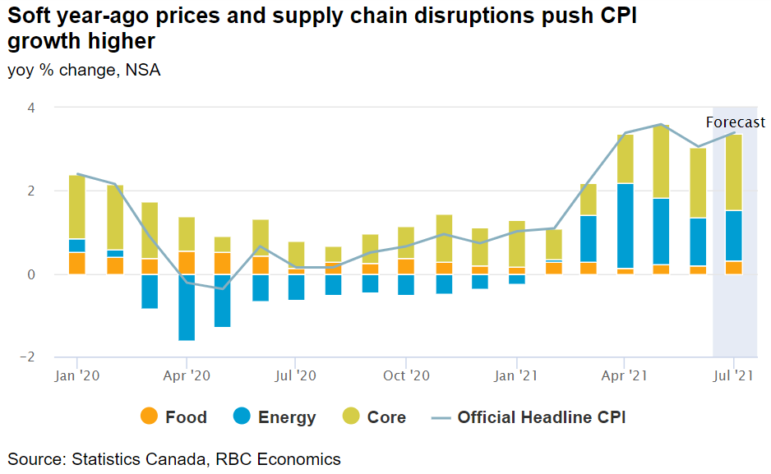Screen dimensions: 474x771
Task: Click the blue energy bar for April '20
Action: pyautogui.click(x=187, y=306)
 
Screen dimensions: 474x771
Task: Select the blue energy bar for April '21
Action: pyautogui.click(x=625, y=226)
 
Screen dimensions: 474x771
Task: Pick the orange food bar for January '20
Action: pyautogui.click(x=77, y=263)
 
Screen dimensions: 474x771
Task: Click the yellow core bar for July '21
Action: pyautogui.click(x=734, y=173)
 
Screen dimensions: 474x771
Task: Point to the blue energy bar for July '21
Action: pyautogui.click(x=734, y=236)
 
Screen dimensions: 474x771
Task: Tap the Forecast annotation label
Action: pyautogui.click(x=735, y=122)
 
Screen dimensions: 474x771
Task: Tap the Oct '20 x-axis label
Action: pyautogui.click(x=406, y=376)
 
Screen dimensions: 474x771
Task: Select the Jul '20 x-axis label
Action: pyautogui.click(x=296, y=376)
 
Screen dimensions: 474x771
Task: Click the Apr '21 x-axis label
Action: pyautogui.click(x=625, y=376)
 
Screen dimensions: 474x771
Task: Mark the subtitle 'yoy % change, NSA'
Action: pyautogui.click(x=84, y=71)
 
